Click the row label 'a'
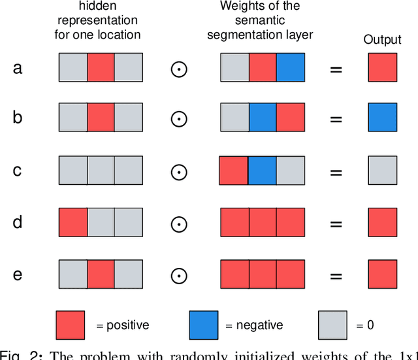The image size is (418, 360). point(18,67)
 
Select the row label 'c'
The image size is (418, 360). point(18,171)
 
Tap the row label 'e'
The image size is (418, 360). point(18,274)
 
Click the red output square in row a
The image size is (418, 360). point(382,67)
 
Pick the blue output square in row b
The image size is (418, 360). point(382,119)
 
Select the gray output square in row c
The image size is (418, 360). point(382,171)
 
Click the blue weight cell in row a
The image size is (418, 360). point(290,67)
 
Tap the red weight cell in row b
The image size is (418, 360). point(290,119)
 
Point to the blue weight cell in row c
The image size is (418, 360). point(262,171)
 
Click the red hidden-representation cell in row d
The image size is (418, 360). point(73,223)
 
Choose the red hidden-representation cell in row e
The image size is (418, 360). point(101,274)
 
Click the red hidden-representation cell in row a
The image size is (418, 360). point(101,67)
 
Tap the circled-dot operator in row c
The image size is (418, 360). point(179,171)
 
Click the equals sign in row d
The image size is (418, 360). point(336,223)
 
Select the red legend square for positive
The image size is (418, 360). point(70,325)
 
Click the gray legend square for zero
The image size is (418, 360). point(332,325)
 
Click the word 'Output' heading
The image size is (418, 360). point(382,40)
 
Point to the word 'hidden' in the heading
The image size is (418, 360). point(98,7)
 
